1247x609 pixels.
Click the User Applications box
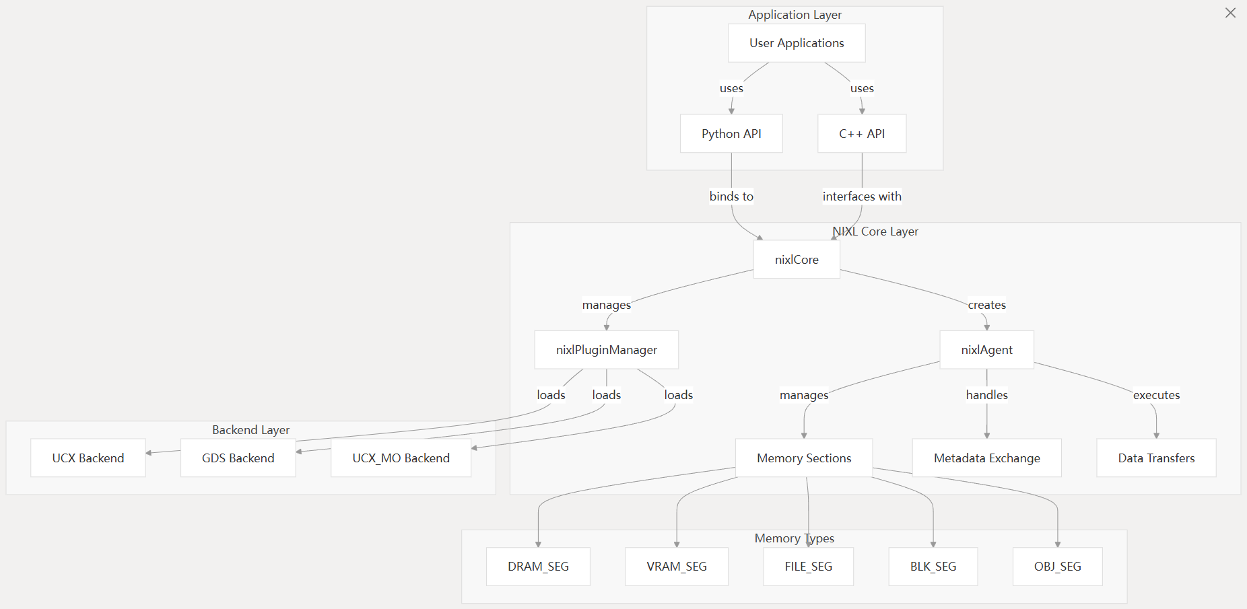pyautogui.click(x=797, y=43)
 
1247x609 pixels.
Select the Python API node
pyautogui.click(x=731, y=134)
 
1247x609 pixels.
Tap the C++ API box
pyautogui.click(x=862, y=134)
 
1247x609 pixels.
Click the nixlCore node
pyautogui.click(x=797, y=260)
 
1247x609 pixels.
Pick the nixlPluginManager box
pyautogui.click(x=607, y=350)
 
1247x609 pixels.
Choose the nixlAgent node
pyautogui.click(x=987, y=350)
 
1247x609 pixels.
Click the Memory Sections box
pyautogui.click(x=804, y=458)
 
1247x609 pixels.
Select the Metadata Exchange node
pyautogui.click(x=987, y=458)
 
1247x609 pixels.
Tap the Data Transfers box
pyautogui.click(x=1157, y=458)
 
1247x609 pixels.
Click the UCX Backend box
pyautogui.click(x=88, y=458)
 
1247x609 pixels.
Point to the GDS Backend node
pyautogui.click(x=238, y=458)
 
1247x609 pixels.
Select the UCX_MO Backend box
pyautogui.click(x=401, y=458)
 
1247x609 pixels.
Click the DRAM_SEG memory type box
pyautogui.click(x=539, y=567)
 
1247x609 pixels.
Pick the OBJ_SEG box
pyautogui.click(x=1058, y=567)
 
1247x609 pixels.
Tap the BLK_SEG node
pyautogui.click(x=933, y=567)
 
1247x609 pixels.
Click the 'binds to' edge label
pyautogui.click(x=731, y=196)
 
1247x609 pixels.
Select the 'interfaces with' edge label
pyautogui.click(x=862, y=196)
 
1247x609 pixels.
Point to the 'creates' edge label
pyautogui.click(x=987, y=305)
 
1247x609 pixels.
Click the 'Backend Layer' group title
pyautogui.click(x=251, y=430)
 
